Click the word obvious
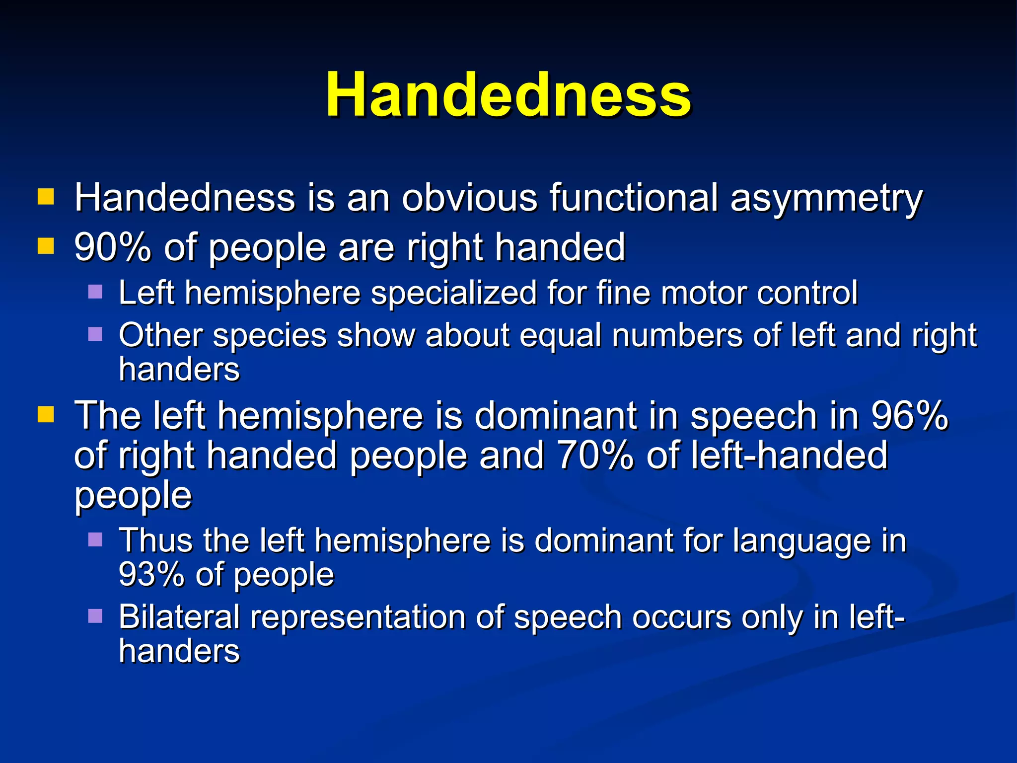(469, 198)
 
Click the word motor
(703, 293)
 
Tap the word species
(270, 336)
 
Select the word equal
(561, 336)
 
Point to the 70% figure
(595, 455)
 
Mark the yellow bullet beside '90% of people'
(46, 246)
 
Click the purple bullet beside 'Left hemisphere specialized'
(95, 292)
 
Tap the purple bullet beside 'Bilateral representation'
(95, 616)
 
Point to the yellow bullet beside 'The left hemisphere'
(46, 414)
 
